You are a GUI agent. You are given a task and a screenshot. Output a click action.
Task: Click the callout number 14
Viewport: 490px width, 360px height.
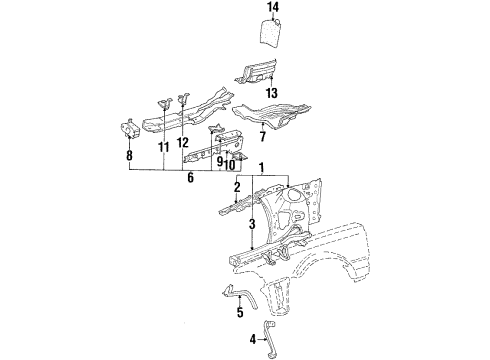click(x=273, y=7)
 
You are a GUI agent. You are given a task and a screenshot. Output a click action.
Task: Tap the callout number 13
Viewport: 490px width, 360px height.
click(x=272, y=93)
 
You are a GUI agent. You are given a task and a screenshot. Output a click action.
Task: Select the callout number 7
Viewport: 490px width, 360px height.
click(x=263, y=137)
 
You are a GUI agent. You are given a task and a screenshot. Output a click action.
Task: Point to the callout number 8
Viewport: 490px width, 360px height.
click(x=129, y=155)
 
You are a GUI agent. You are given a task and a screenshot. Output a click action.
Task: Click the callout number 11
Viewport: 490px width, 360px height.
click(x=164, y=147)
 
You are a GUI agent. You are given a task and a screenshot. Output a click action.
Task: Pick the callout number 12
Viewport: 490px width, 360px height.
click(x=183, y=143)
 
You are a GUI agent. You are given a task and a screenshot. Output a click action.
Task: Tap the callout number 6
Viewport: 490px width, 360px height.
click(x=190, y=177)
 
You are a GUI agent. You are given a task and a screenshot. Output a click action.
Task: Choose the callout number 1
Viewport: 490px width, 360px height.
click(x=262, y=167)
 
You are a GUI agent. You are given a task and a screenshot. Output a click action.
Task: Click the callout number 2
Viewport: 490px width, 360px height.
click(x=237, y=187)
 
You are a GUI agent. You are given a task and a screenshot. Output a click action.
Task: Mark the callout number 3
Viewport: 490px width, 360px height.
click(x=252, y=224)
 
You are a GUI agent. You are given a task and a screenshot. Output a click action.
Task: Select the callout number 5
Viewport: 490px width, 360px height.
click(x=240, y=312)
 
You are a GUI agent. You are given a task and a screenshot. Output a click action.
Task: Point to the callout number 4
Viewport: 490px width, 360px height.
click(x=253, y=340)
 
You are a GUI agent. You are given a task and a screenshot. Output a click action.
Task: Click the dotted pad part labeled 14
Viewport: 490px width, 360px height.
click(x=271, y=32)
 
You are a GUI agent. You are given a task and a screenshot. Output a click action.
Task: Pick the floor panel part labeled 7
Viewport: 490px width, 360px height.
click(x=271, y=115)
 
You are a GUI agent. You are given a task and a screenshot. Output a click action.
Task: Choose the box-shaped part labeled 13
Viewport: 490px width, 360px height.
click(x=256, y=72)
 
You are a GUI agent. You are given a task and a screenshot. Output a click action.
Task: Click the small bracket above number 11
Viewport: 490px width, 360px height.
click(x=165, y=103)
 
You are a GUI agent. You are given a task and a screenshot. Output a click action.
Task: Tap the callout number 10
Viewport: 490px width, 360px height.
click(x=230, y=164)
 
